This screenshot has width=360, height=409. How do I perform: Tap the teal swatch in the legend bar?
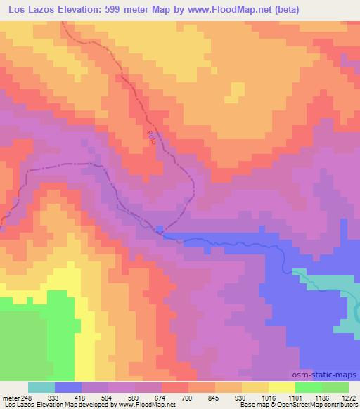coord(41,387)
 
